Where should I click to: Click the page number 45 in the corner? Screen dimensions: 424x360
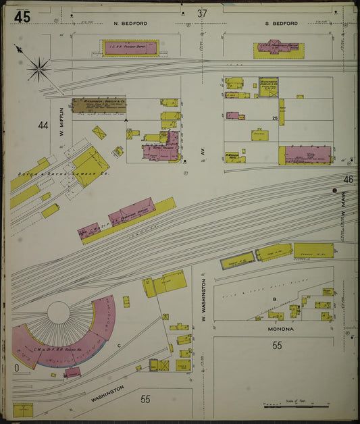(x=21, y=17)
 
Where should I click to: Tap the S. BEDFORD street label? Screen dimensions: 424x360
(x=281, y=24)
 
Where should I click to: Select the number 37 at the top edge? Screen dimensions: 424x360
(x=202, y=14)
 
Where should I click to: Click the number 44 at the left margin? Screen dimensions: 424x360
(x=43, y=125)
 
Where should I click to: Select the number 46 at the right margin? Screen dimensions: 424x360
(x=348, y=179)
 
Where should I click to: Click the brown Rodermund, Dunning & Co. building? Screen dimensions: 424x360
(x=99, y=105)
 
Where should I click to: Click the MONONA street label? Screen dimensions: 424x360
(x=277, y=329)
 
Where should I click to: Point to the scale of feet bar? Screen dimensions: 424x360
(x=296, y=406)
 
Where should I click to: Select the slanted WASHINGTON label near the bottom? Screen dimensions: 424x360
(x=106, y=392)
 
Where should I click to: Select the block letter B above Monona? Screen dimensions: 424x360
(x=274, y=297)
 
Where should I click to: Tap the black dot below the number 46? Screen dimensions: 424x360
(x=334, y=191)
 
